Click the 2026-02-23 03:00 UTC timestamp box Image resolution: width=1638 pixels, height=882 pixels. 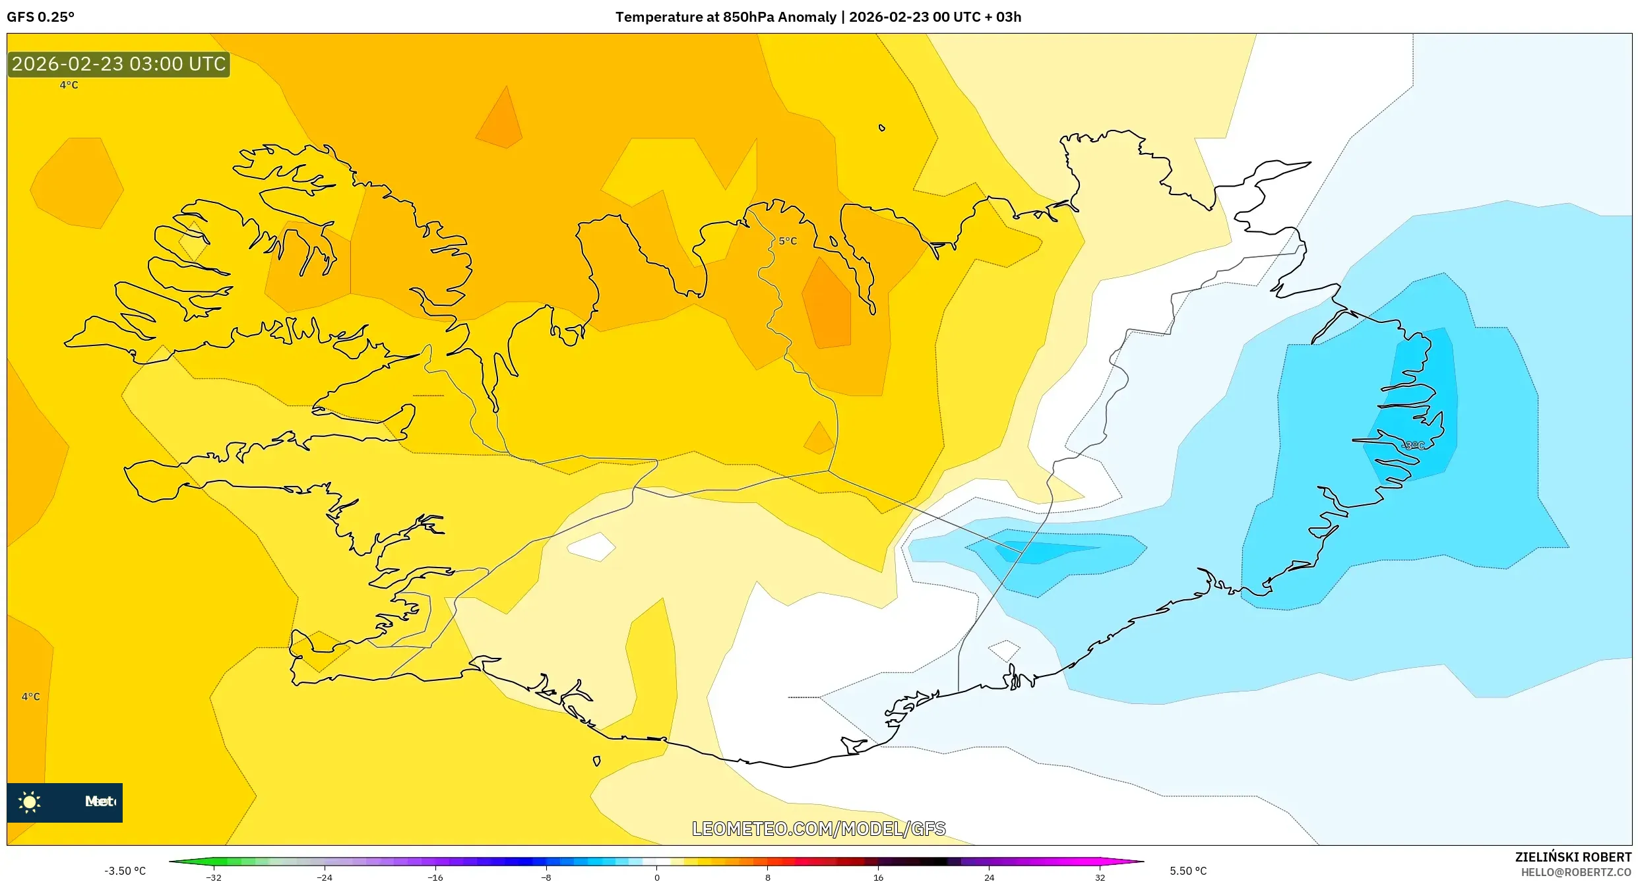[119, 64]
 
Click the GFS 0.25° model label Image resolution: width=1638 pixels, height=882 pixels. [40, 17]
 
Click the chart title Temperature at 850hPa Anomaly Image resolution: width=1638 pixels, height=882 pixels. [726, 17]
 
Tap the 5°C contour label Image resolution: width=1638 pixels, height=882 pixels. [788, 241]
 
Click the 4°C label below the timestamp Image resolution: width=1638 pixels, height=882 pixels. [69, 85]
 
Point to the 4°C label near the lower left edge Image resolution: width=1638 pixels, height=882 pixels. [30, 697]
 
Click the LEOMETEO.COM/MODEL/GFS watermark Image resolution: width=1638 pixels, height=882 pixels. [819, 829]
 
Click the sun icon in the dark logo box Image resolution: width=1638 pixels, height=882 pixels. [30, 802]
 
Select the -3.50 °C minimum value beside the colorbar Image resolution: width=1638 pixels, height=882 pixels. [125, 871]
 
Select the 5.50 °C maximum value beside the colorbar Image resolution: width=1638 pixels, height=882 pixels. [1188, 871]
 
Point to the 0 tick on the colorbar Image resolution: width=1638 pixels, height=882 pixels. [656, 877]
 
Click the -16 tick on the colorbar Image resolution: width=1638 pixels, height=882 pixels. [435, 877]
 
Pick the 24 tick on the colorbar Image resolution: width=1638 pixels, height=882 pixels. [989, 877]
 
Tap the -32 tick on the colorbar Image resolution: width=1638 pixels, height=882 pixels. [214, 877]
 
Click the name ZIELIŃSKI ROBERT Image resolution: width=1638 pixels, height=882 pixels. [1573, 857]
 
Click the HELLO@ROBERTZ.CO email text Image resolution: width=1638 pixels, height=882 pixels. [1575, 872]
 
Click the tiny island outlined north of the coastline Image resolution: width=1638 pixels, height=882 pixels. [881, 128]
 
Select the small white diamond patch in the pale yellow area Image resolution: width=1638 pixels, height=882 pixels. [591, 546]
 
